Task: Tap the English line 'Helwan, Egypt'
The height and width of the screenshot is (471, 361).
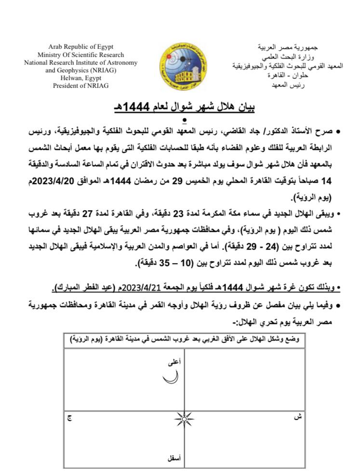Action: [x=81, y=78]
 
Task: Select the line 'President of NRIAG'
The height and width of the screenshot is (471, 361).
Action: [x=81, y=85]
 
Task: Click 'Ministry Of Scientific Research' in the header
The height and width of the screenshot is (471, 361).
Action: [x=81, y=55]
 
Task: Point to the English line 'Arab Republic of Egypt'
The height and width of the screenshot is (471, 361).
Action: [x=81, y=47]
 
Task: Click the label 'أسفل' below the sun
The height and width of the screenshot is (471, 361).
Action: [x=173, y=459]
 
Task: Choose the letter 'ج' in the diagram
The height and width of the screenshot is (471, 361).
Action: [x=69, y=418]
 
